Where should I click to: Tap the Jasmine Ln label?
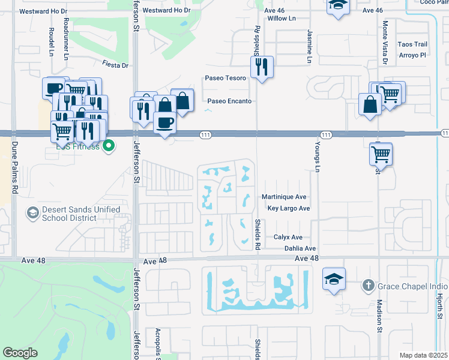[310, 46]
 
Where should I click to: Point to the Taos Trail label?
[412, 44]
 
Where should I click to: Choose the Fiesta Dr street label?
[115, 65]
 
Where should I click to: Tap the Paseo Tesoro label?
[225, 78]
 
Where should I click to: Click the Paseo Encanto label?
[229, 101]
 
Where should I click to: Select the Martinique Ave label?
[284, 197]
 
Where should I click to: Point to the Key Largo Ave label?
[288, 209]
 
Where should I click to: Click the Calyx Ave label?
[288, 238]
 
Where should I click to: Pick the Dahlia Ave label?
[300, 248]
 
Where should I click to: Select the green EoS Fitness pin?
[109, 145]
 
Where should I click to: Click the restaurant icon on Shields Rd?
[261, 67]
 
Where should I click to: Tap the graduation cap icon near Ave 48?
[334, 279]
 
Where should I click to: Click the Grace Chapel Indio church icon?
[368, 286]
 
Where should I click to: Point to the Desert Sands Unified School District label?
[80, 214]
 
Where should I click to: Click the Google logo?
[20, 353]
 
